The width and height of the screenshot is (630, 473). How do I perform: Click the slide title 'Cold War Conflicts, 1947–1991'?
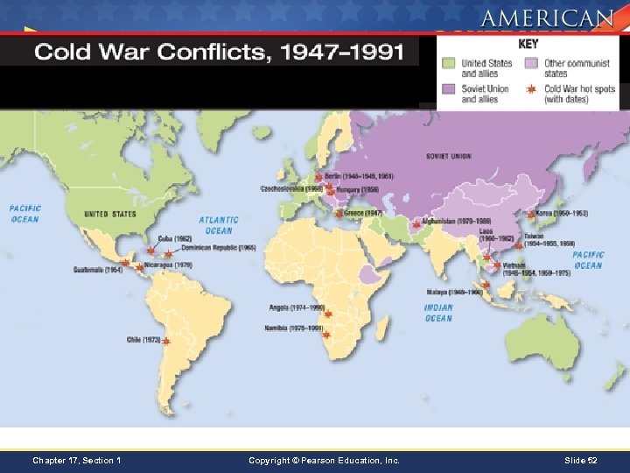tap(219, 53)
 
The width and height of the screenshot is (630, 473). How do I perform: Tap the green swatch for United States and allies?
tap(449, 63)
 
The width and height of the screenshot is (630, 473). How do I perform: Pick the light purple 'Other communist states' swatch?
tap(531, 63)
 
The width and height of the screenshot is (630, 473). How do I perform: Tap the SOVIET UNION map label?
tap(448, 157)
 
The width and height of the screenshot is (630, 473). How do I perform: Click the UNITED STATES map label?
tap(110, 214)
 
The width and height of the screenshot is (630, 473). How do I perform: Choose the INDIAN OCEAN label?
tap(438, 313)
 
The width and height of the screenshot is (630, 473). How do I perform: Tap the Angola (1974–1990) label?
tap(297, 308)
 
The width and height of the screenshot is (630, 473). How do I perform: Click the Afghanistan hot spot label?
tap(451, 222)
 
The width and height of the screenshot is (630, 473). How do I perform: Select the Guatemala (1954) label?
tap(98, 269)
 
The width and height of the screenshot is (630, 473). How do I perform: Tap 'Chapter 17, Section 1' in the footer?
tap(76, 460)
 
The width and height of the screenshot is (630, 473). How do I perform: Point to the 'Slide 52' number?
tap(580, 460)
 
